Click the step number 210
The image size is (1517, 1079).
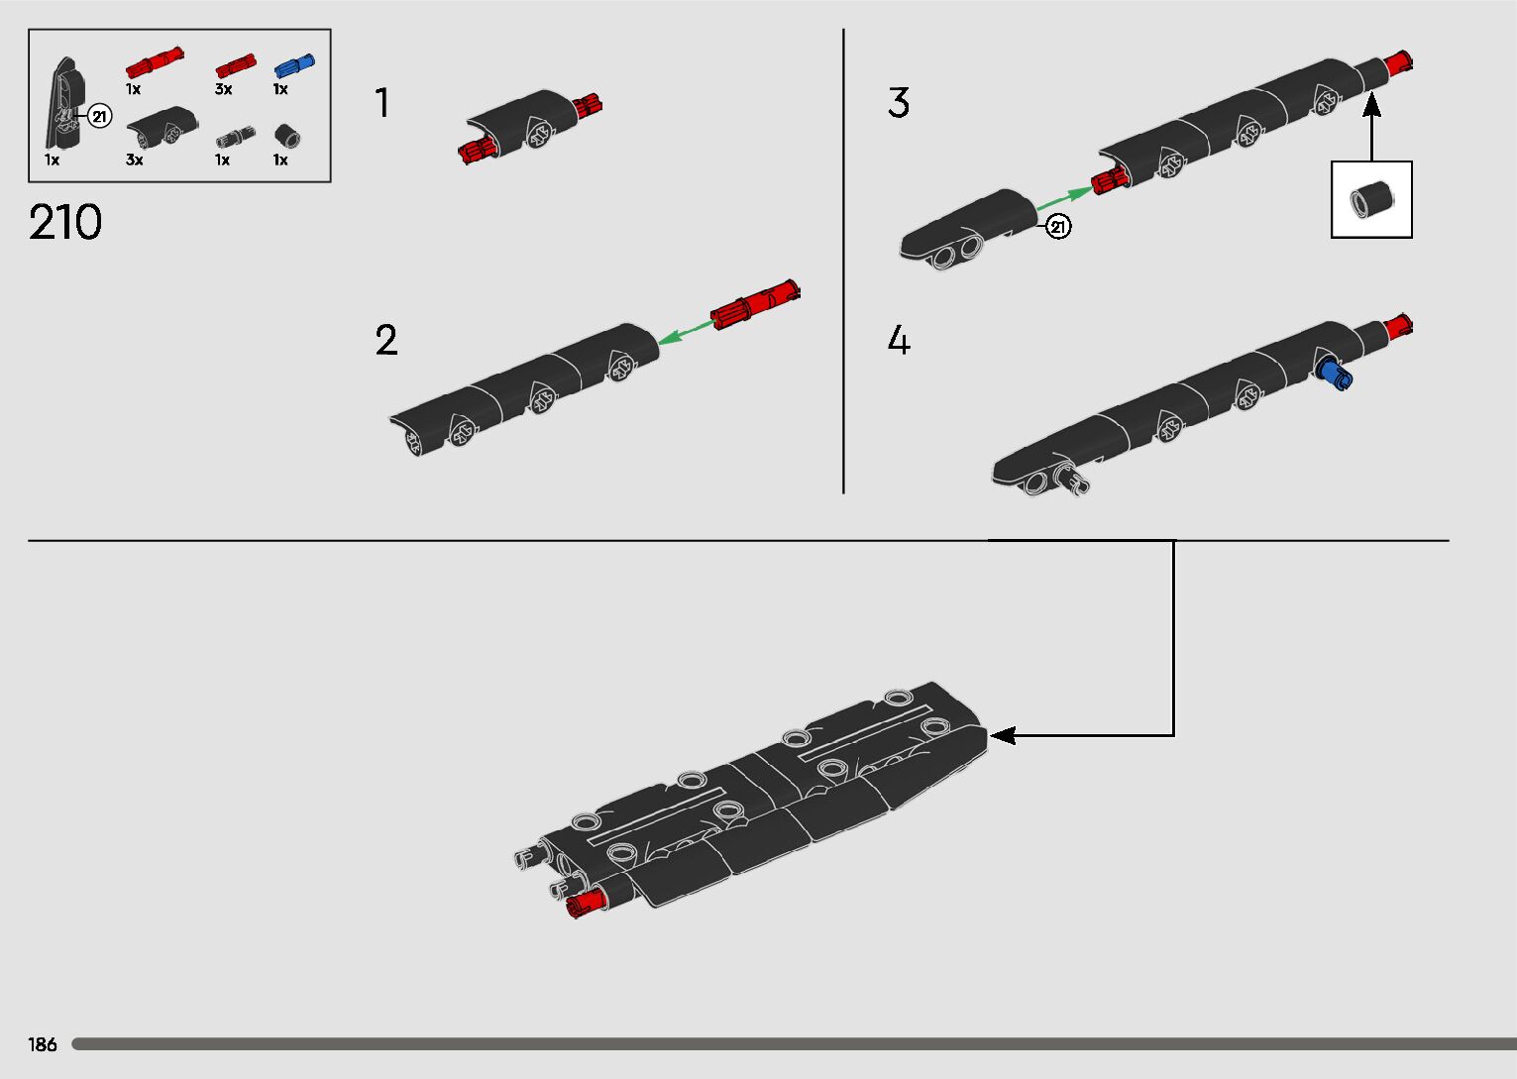(x=65, y=222)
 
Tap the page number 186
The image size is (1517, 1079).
(x=42, y=1044)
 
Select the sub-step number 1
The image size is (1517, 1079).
(x=382, y=102)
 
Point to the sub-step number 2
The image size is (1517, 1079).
(x=386, y=339)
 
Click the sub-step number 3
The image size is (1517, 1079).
(x=899, y=102)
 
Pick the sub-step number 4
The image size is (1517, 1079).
(x=899, y=339)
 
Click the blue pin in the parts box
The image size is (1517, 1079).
(x=294, y=65)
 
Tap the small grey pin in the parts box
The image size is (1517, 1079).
(x=235, y=136)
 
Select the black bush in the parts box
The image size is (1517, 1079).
(x=287, y=136)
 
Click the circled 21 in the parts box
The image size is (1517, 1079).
(x=99, y=117)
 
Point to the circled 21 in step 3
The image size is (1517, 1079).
(x=1058, y=226)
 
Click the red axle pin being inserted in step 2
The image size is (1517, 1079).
(x=755, y=305)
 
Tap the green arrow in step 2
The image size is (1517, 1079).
(x=685, y=333)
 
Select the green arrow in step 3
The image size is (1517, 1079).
(x=1064, y=198)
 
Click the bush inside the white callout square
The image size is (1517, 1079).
(x=1370, y=200)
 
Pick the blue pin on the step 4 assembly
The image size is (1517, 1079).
(x=1334, y=375)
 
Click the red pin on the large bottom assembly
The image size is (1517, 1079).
(x=586, y=904)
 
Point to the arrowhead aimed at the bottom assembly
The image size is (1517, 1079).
(x=1003, y=735)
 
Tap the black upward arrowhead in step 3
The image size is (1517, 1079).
(x=1371, y=104)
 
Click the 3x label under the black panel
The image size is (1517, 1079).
(x=134, y=160)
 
